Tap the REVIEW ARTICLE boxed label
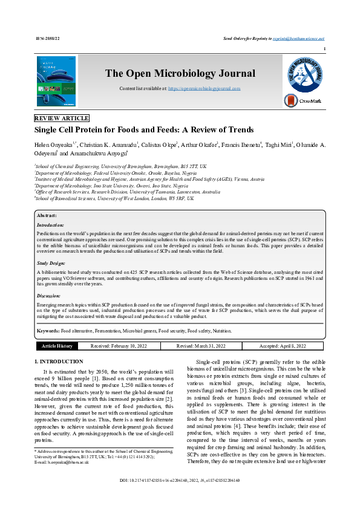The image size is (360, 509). point(62,118)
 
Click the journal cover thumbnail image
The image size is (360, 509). point(56,82)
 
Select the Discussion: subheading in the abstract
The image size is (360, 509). point(50,296)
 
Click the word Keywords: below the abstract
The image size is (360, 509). point(48,331)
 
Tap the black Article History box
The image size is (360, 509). point(57,346)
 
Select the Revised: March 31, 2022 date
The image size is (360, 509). point(201,346)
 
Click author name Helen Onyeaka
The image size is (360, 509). point(53,145)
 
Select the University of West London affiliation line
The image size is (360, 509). point(115,198)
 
